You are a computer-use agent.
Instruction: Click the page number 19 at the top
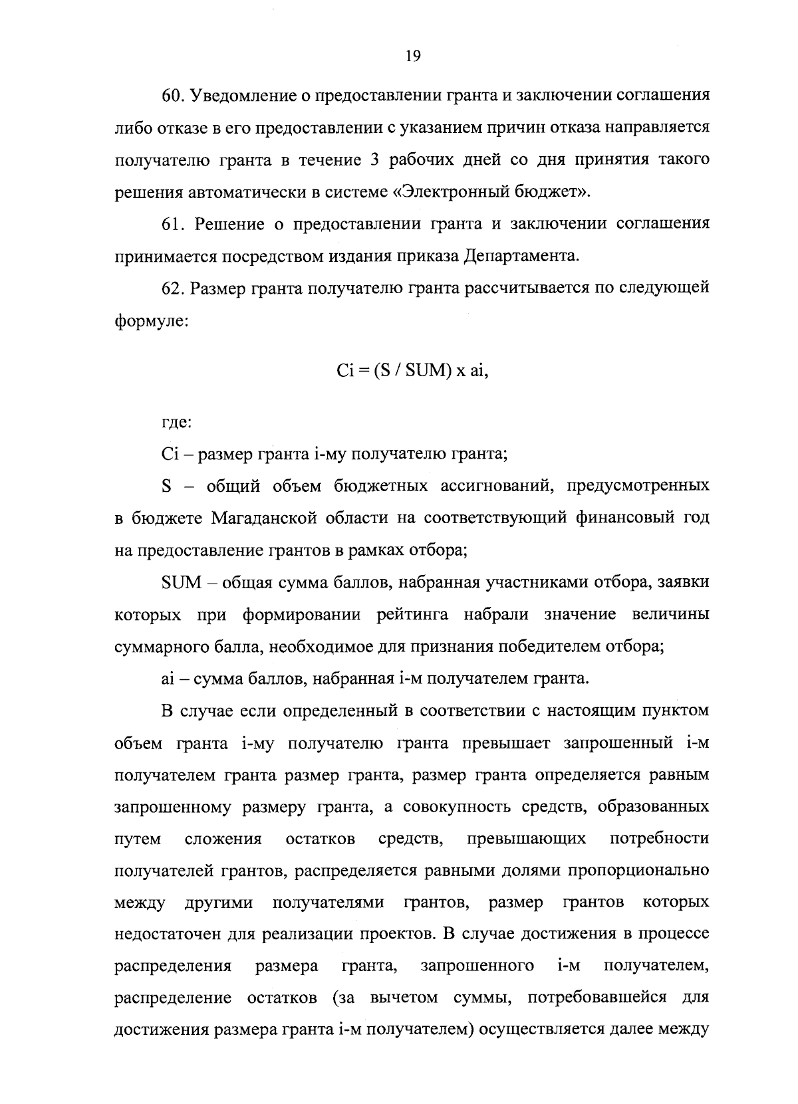[x=412, y=56]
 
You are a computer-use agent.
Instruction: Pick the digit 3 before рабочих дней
[x=374, y=160]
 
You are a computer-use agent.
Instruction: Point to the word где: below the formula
[x=177, y=423]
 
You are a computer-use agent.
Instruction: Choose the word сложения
[x=223, y=839]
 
